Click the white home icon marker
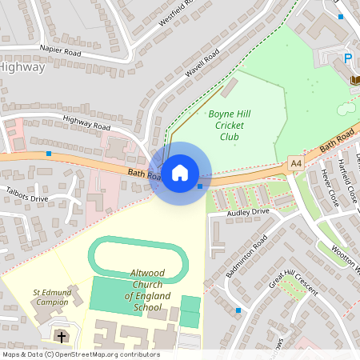pos(180,172)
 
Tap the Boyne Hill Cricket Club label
pos(230,125)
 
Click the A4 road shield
pos(296,164)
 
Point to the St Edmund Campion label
pos(50,297)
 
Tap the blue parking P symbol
pos(348,58)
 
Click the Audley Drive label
pos(248,212)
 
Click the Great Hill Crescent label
pos(294,278)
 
